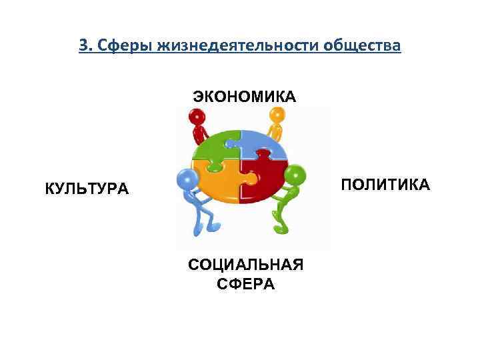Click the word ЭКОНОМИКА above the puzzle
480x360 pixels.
click(x=245, y=97)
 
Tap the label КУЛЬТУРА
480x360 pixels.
click(x=87, y=189)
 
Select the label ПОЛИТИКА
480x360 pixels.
click(x=385, y=184)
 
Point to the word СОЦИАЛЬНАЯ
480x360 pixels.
click(x=245, y=265)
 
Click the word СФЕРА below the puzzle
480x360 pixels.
click(x=245, y=284)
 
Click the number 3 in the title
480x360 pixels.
click(x=83, y=45)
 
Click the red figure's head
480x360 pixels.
click(x=196, y=118)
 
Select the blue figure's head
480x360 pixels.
click(x=187, y=179)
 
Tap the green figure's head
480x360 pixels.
click(x=295, y=175)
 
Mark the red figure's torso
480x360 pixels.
click(x=199, y=133)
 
